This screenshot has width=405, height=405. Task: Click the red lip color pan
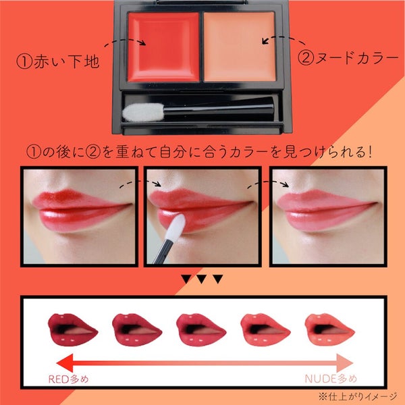coord(163,47)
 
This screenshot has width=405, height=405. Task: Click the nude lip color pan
coord(240,47)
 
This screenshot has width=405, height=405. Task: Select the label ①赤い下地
coord(58,61)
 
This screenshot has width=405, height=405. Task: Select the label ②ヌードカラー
coord(348,57)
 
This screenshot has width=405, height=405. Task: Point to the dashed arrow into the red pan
coord(126,42)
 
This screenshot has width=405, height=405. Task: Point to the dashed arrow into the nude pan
coord(283,40)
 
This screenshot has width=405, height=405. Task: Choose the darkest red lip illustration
coord(73,329)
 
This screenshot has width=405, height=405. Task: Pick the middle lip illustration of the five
coord(201,329)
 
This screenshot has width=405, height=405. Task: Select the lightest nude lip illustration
coord(329,329)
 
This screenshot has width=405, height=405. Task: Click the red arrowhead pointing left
coord(65,363)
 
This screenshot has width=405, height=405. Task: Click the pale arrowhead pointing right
coord(345,363)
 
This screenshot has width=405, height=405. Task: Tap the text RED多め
coord(68,379)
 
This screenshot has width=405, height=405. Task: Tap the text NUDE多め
coord(331,379)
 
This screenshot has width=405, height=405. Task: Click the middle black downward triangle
coord(202,279)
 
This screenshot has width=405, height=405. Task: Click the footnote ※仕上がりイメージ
coord(358,396)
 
